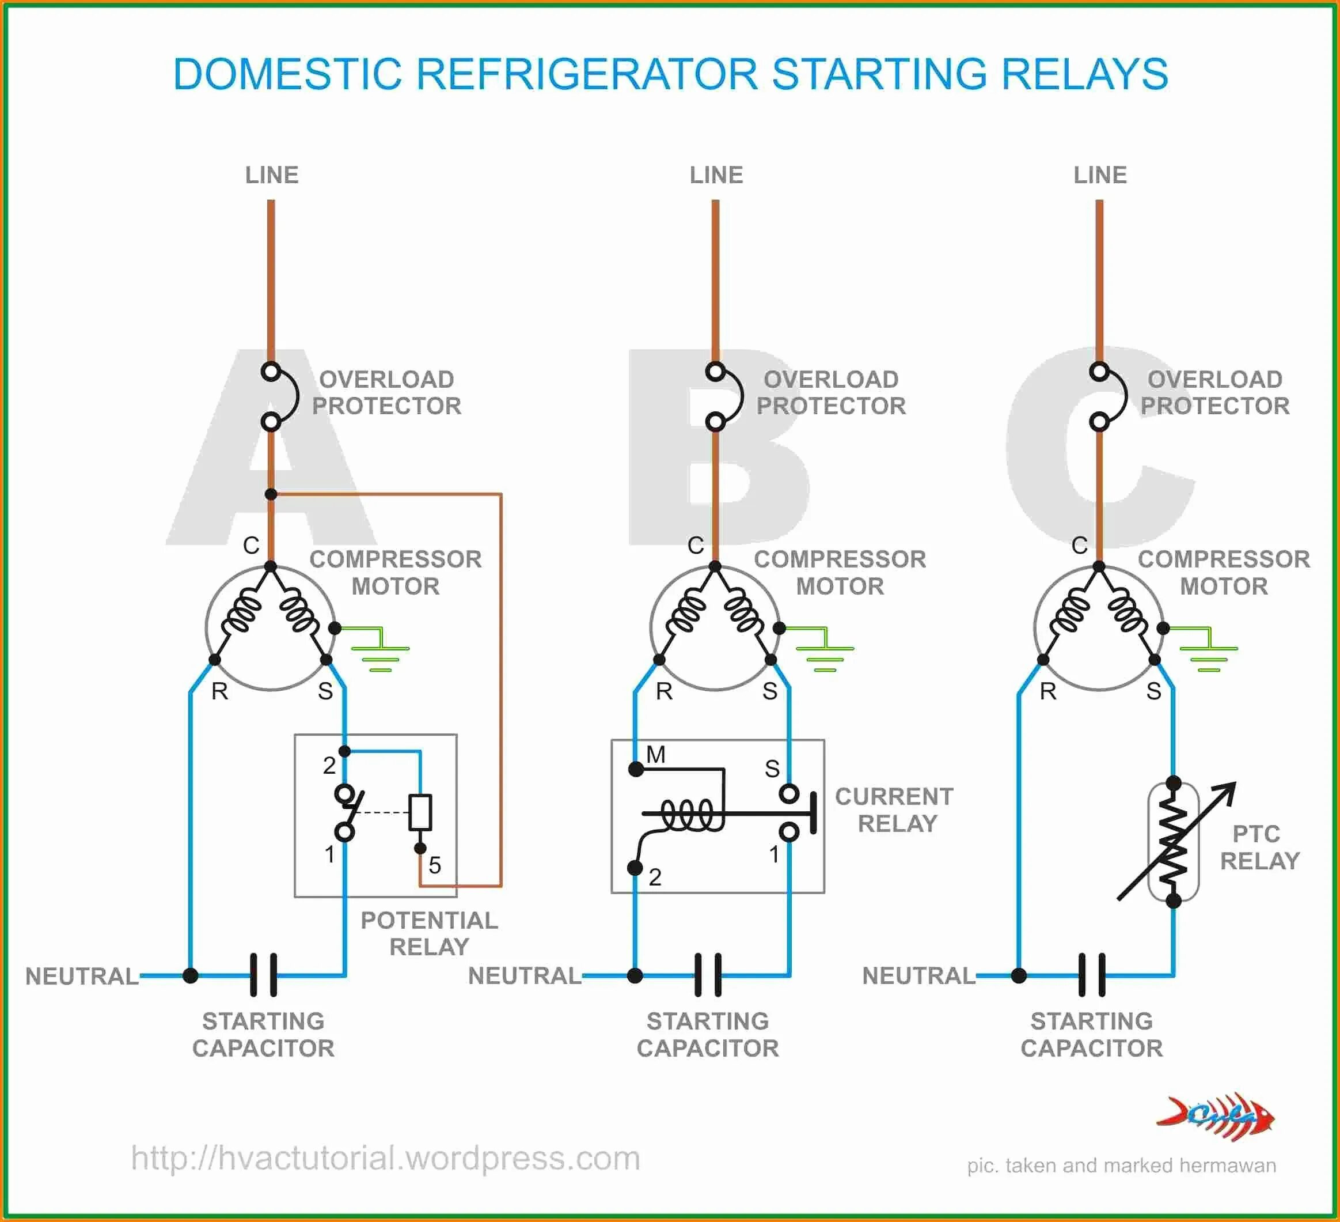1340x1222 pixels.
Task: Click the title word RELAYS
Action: pos(1084,74)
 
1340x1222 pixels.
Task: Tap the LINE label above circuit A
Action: pos(272,175)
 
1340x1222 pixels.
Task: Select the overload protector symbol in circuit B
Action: pos(724,396)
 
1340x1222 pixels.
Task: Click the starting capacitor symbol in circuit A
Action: pos(263,975)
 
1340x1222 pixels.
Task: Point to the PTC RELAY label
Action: pos(1259,847)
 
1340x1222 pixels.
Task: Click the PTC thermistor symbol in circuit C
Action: pos(1173,841)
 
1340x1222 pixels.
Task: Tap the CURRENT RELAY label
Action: pos(895,810)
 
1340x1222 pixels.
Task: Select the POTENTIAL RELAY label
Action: pos(429,933)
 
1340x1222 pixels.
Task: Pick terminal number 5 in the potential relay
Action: pos(435,865)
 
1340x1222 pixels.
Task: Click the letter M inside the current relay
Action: pos(655,755)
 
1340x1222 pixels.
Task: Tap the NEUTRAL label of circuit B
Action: pos(525,975)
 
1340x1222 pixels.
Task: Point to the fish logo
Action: pos(1216,1117)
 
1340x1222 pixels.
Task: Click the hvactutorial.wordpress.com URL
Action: pos(385,1158)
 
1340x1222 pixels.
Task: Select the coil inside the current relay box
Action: pos(691,815)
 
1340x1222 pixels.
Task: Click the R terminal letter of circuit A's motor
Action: pos(219,691)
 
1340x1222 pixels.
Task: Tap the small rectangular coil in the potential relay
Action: pos(420,812)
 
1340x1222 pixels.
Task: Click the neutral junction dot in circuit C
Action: pos(1019,975)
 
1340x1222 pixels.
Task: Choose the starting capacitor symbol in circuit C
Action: pos(1092,975)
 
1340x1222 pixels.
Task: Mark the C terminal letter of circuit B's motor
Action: pos(695,545)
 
